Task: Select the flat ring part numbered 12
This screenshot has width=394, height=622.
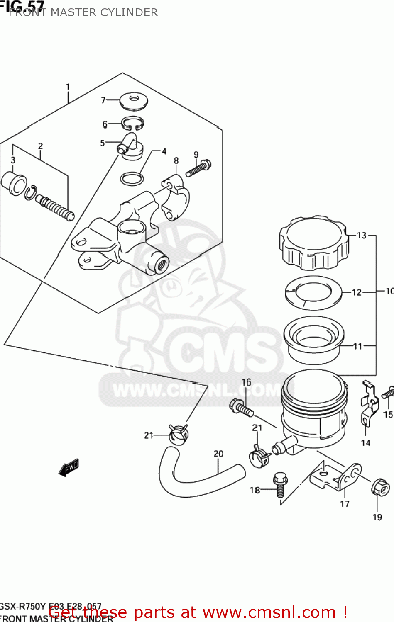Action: point(313,293)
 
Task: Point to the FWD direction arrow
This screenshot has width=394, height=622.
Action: point(69,467)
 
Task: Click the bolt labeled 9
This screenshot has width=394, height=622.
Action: point(198,168)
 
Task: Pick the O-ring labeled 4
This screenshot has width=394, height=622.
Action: point(132,179)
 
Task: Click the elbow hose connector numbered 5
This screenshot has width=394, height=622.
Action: point(130,146)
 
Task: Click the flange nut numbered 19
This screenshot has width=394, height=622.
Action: point(380,487)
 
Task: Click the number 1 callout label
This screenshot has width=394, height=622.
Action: point(68,87)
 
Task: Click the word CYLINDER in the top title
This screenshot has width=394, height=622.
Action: point(129,12)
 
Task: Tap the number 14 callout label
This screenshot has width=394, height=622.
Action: point(365,443)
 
